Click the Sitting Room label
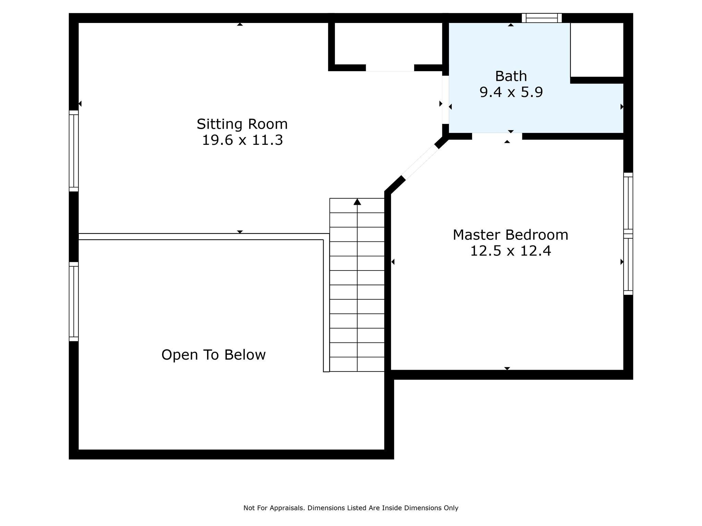[x=242, y=124]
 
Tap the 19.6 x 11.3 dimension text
[x=242, y=140]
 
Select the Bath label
[x=511, y=76]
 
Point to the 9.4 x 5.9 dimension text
[x=511, y=92]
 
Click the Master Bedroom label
[x=510, y=235]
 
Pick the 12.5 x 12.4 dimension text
[x=510, y=251]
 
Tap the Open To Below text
[x=213, y=355]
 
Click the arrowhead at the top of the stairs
[x=357, y=202]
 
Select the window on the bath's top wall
[x=542, y=18]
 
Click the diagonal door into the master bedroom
[x=420, y=163]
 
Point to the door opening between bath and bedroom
[x=497, y=136]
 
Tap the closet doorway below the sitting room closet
[x=390, y=67]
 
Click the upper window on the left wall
[x=74, y=151]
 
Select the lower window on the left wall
[x=74, y=302]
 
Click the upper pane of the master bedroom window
[x=628, y=203]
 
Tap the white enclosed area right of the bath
[x=597, y=50]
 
